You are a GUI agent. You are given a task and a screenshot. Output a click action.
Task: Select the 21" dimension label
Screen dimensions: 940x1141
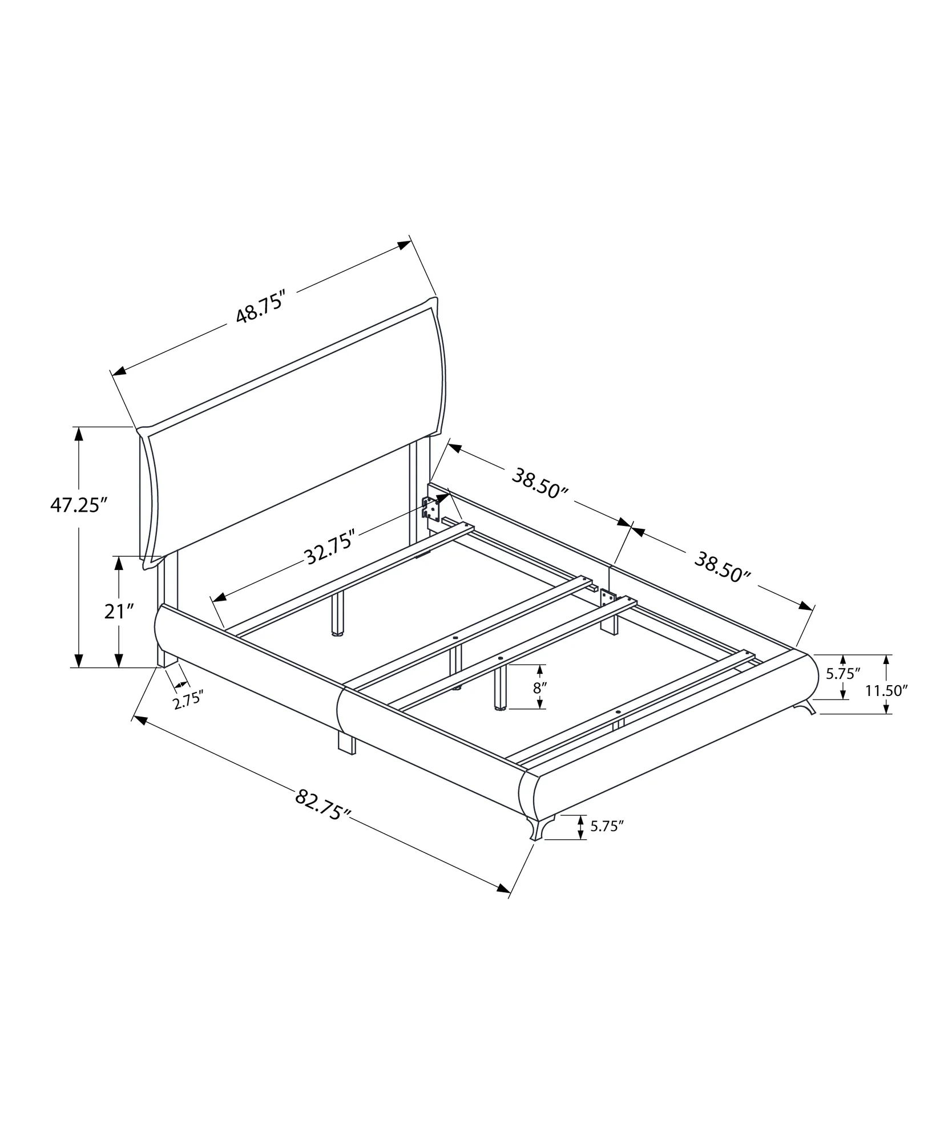119,612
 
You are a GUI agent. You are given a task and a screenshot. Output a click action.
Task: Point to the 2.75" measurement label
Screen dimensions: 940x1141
188,700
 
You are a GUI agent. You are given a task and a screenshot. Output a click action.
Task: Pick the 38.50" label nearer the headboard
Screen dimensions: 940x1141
539,483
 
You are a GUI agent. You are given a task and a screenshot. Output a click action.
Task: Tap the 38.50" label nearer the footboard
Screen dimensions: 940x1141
723,567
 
